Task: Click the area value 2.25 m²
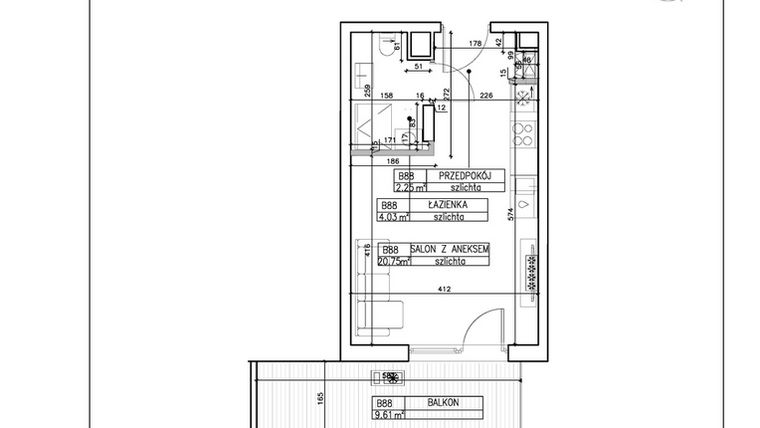[411, 186]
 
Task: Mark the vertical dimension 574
[509, 213]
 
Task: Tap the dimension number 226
[484, 96]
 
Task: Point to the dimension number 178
[476, 44]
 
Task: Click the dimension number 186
[393, 160]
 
